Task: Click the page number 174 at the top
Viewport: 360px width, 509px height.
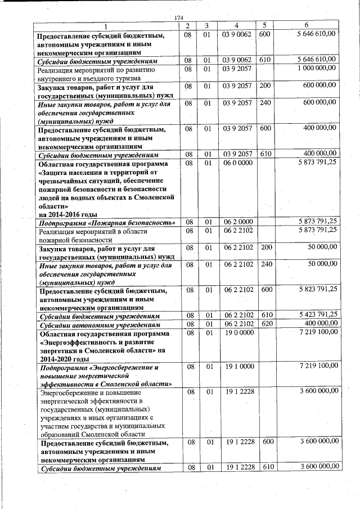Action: (179, 19)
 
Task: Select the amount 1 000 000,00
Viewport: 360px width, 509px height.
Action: (315, 68)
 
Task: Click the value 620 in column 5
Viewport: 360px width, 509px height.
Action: (265, 324)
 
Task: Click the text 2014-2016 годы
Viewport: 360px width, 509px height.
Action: (67, 214)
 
